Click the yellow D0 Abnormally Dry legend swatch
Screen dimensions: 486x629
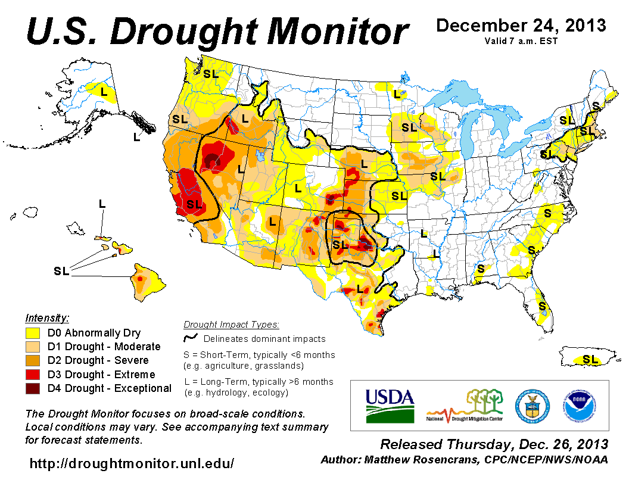coord(32,333)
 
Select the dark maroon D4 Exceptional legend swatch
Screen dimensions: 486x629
coord(32,388)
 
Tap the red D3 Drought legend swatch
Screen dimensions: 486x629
coord(32,375)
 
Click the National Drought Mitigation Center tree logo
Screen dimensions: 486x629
coord(471,405)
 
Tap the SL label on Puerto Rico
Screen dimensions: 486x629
coord(590,359)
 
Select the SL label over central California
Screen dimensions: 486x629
coord(194,204)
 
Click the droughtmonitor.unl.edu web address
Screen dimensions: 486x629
coord(132,463)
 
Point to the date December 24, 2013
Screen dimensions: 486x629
coord(521,26)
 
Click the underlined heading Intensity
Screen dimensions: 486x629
coord(47,317)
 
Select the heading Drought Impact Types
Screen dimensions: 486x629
coord(231,325)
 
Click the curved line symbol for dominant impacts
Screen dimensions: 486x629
coord(191,339)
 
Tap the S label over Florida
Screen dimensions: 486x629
coord(542,306)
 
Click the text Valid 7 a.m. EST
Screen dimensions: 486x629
coord(521,41)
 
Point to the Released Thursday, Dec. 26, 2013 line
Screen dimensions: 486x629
coord(494,444)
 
